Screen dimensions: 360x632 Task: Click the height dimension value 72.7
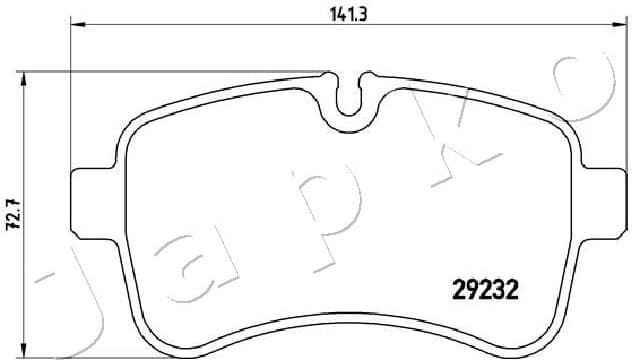[x=12, y=214]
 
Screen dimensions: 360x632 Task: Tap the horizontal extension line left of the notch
[x=180, y=71]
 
